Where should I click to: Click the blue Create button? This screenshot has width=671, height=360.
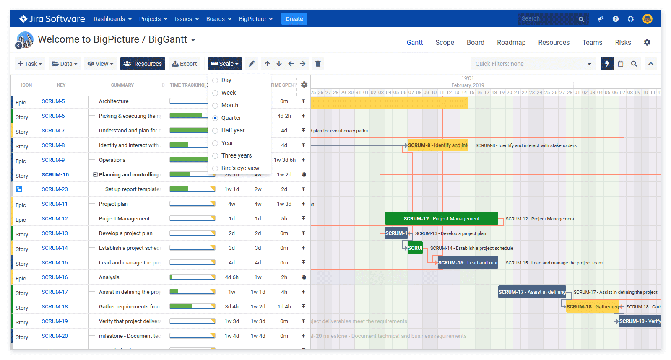[x=294, y=19]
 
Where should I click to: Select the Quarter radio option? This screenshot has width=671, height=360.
[x=215, y=118]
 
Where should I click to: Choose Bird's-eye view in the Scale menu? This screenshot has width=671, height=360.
[x=215, y=168]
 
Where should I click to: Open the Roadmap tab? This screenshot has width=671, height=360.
[x=511, y=43]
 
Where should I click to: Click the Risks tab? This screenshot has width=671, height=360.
[x=623, y=43]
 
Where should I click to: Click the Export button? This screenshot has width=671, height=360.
[x=185, y=64]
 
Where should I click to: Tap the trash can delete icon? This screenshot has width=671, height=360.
[x=318, y=64]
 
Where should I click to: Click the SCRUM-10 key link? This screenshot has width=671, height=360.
[x=55, y=175]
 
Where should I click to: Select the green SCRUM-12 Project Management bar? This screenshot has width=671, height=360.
[x=441, y=219]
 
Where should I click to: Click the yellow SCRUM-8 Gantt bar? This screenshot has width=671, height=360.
[x=437, y=145]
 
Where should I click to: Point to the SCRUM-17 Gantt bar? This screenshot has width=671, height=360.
[x=531, y=292]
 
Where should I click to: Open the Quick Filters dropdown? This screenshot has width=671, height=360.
[x=533, y=64]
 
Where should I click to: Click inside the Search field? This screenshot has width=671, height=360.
[x=547, y=19]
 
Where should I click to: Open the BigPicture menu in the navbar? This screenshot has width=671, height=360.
[x=255, y=19]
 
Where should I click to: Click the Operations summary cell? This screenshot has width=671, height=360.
[x=112, y=160]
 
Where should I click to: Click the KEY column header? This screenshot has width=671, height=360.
[x=61, y=85]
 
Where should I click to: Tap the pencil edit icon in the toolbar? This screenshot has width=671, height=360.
[x=252, y=64]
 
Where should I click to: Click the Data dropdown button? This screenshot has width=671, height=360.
[x=65, y=64]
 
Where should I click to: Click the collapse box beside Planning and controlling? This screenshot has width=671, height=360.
[x=95, y=175]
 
